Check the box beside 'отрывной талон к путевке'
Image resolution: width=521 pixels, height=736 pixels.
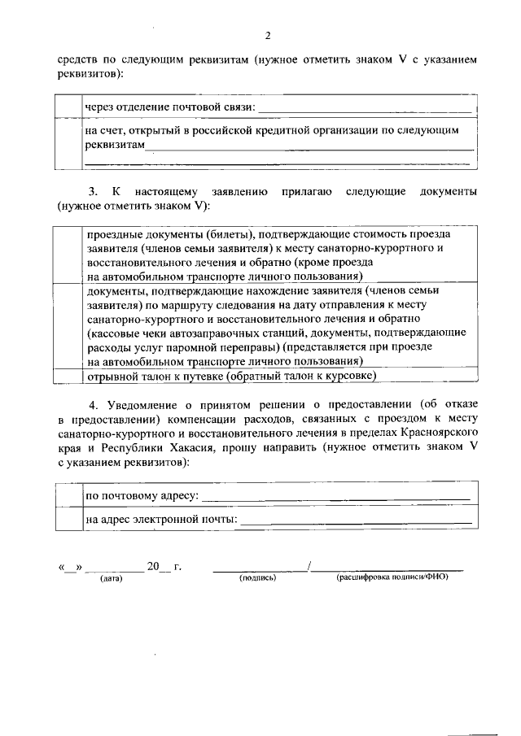click(x=68, y=376)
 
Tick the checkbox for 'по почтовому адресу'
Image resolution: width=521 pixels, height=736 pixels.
click(x=68, y=494)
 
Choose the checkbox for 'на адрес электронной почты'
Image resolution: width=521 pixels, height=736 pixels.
click(x=68, y=518)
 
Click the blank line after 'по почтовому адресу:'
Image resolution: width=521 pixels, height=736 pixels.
click(x=335, y=495)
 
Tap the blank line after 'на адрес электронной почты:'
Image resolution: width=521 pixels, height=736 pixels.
click(x=356, y=520)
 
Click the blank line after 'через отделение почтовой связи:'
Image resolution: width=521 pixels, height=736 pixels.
click(x=364, y=108)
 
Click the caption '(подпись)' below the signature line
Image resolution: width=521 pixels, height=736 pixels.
click(x=258, y=578)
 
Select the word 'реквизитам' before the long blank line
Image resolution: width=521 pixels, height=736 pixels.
click(x=115, y=145)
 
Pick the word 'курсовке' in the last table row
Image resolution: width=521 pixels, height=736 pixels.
click(x=348, y=376)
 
